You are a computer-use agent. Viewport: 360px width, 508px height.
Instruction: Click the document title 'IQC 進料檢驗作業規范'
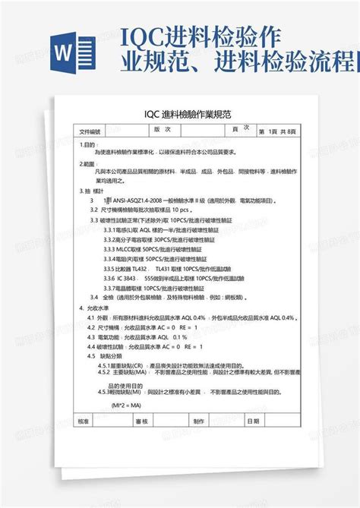pos(180,114)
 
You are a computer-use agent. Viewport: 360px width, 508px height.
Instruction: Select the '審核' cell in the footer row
pos(141,420)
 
